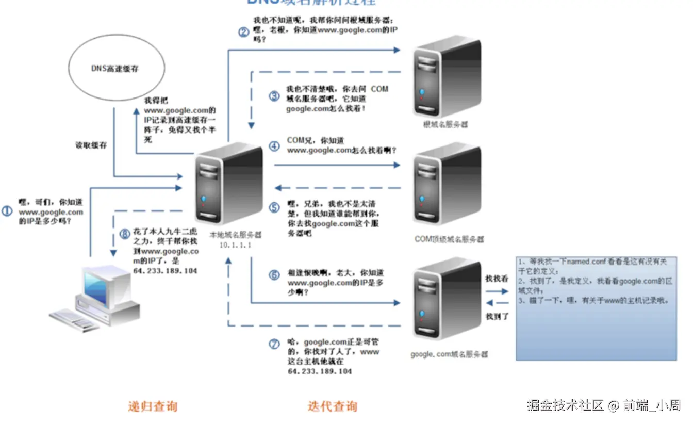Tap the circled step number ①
pos(7,211)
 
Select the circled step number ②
pos(244,32)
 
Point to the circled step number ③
pos(275,96)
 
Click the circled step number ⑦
pos(275,344)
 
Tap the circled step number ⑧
pos(124,233)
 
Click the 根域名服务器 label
pos(445,125)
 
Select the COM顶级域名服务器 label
pos(449,239)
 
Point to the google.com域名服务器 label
pos(449,354)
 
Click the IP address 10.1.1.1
pos(236,245)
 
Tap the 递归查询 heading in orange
pos(153,406)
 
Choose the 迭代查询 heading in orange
pos(332,406)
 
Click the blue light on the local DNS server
pos(204,199)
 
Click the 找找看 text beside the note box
pos(497,279)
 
